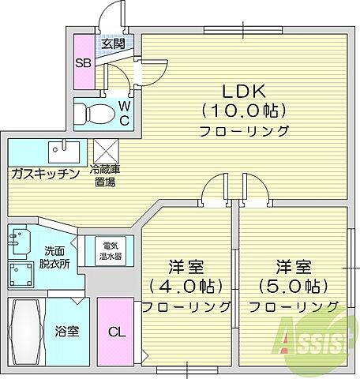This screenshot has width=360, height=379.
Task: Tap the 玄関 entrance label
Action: coord(111,44)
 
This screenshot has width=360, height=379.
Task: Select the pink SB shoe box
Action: coord(83,62)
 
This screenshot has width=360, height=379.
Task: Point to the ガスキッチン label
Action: coord(44,173)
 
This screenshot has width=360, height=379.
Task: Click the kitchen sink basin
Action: coord(59,149)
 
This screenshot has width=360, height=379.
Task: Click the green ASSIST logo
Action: coord(315,340)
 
